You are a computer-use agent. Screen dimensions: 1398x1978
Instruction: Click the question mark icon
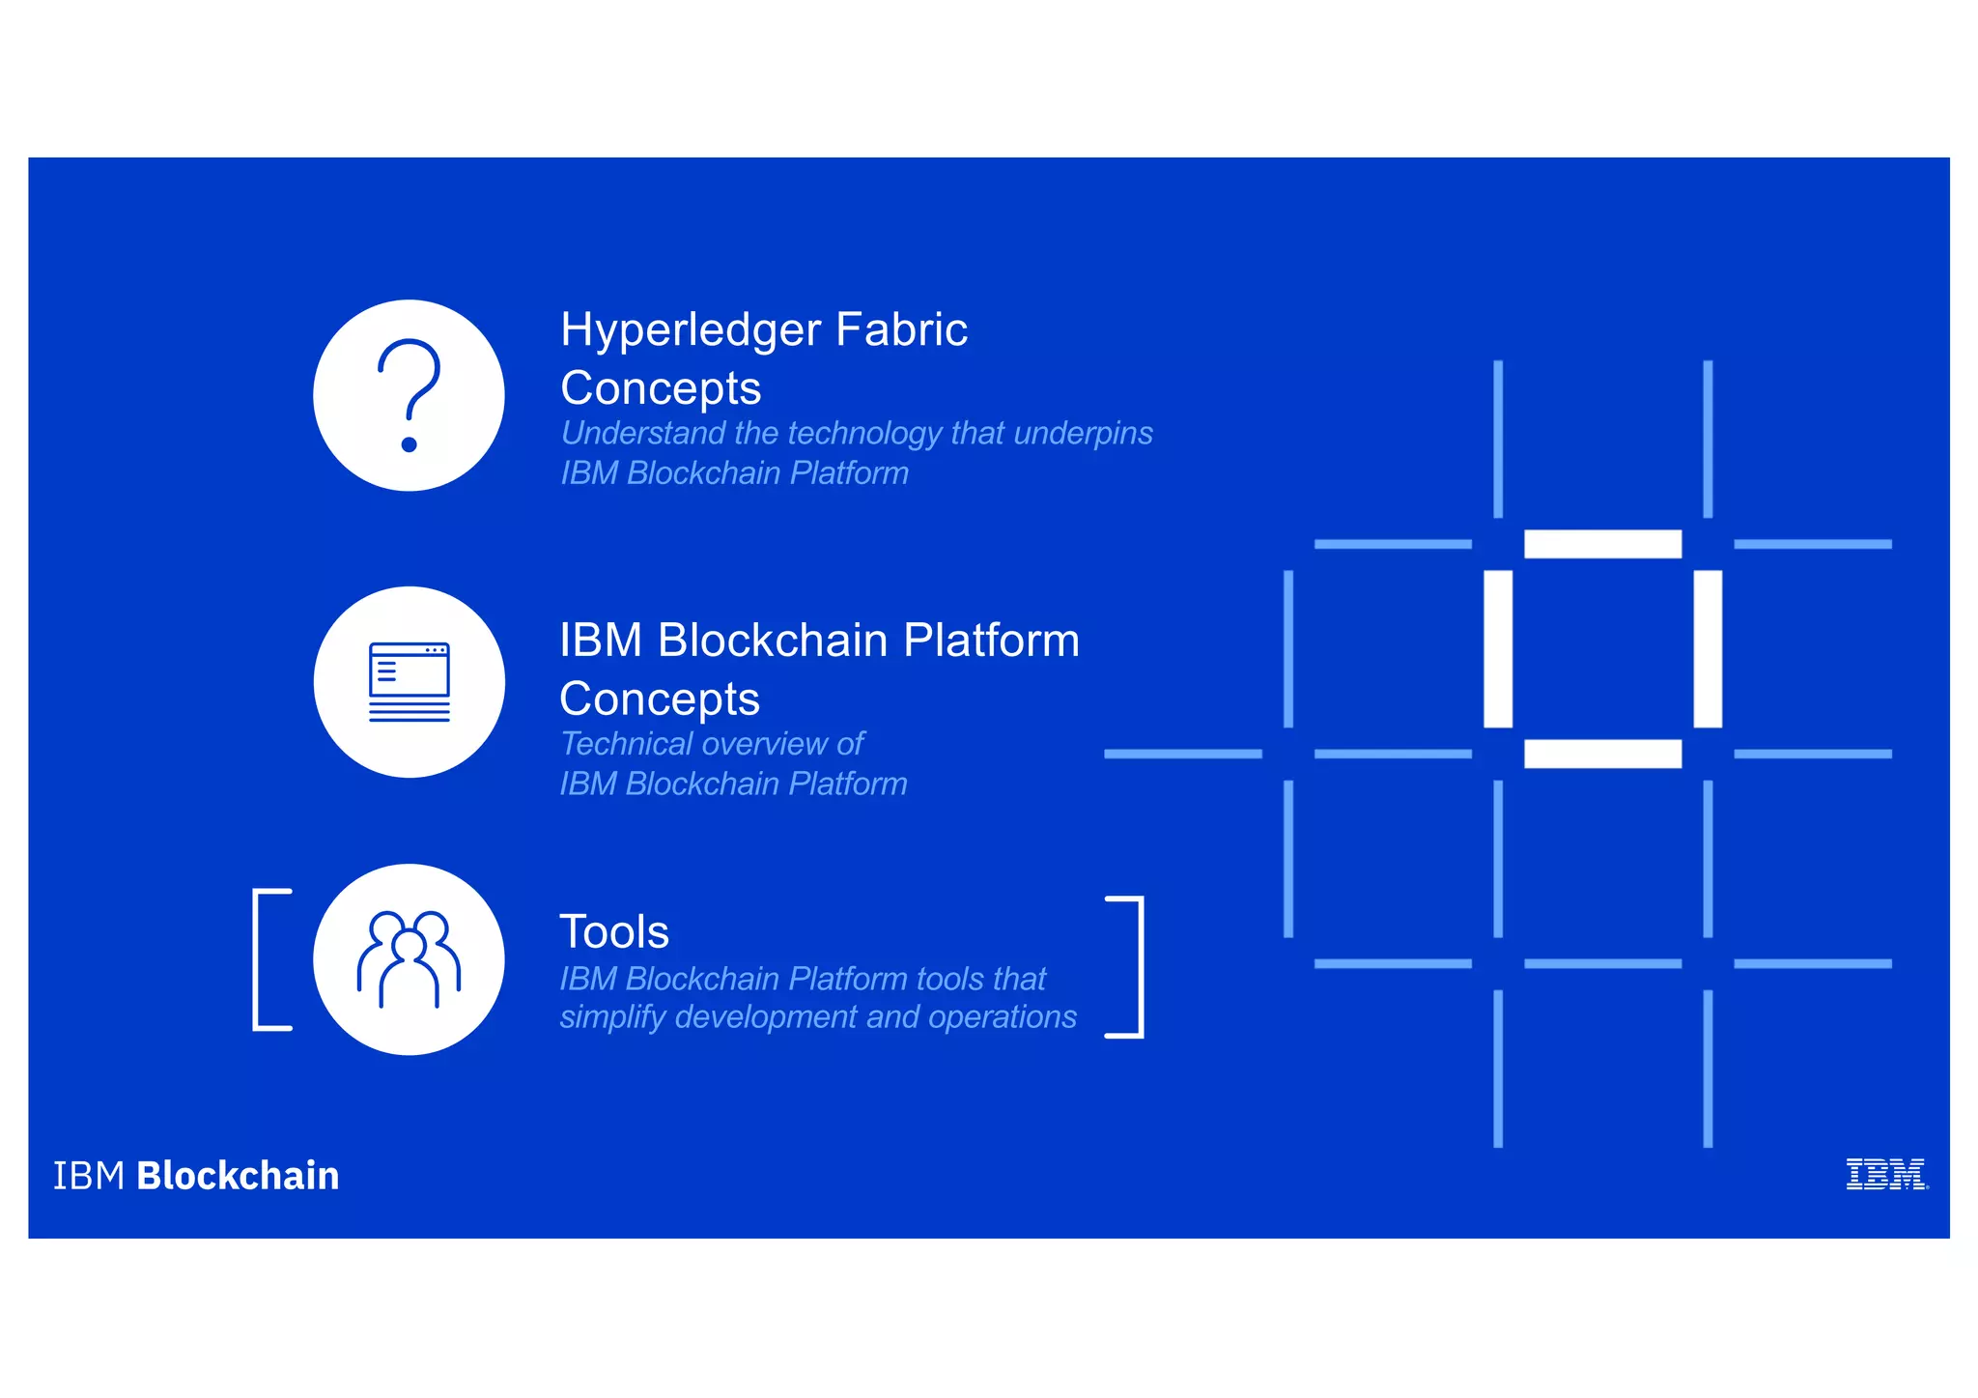[409, 395]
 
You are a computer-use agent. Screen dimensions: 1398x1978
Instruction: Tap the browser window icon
[409, 682]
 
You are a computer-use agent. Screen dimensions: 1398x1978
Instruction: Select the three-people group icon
[409, 959]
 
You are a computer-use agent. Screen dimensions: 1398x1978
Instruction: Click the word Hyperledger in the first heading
[691, 330]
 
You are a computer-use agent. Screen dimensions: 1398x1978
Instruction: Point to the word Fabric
[901, 330]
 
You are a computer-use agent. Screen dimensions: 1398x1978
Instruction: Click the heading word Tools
[614, 932]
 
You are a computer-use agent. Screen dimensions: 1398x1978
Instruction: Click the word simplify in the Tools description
[612, 1017]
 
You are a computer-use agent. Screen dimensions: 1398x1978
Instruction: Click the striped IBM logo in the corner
[1885, 1175]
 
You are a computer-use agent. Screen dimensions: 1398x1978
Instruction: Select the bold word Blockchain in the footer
[238, 1176]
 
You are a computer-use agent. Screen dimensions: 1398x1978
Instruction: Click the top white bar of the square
[1602, 544]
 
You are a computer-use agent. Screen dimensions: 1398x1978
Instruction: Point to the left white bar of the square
[1498, 648]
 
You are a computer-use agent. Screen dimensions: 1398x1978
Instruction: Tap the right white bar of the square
[1708, 648]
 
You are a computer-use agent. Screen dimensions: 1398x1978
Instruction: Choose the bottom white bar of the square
[1602, 754]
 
